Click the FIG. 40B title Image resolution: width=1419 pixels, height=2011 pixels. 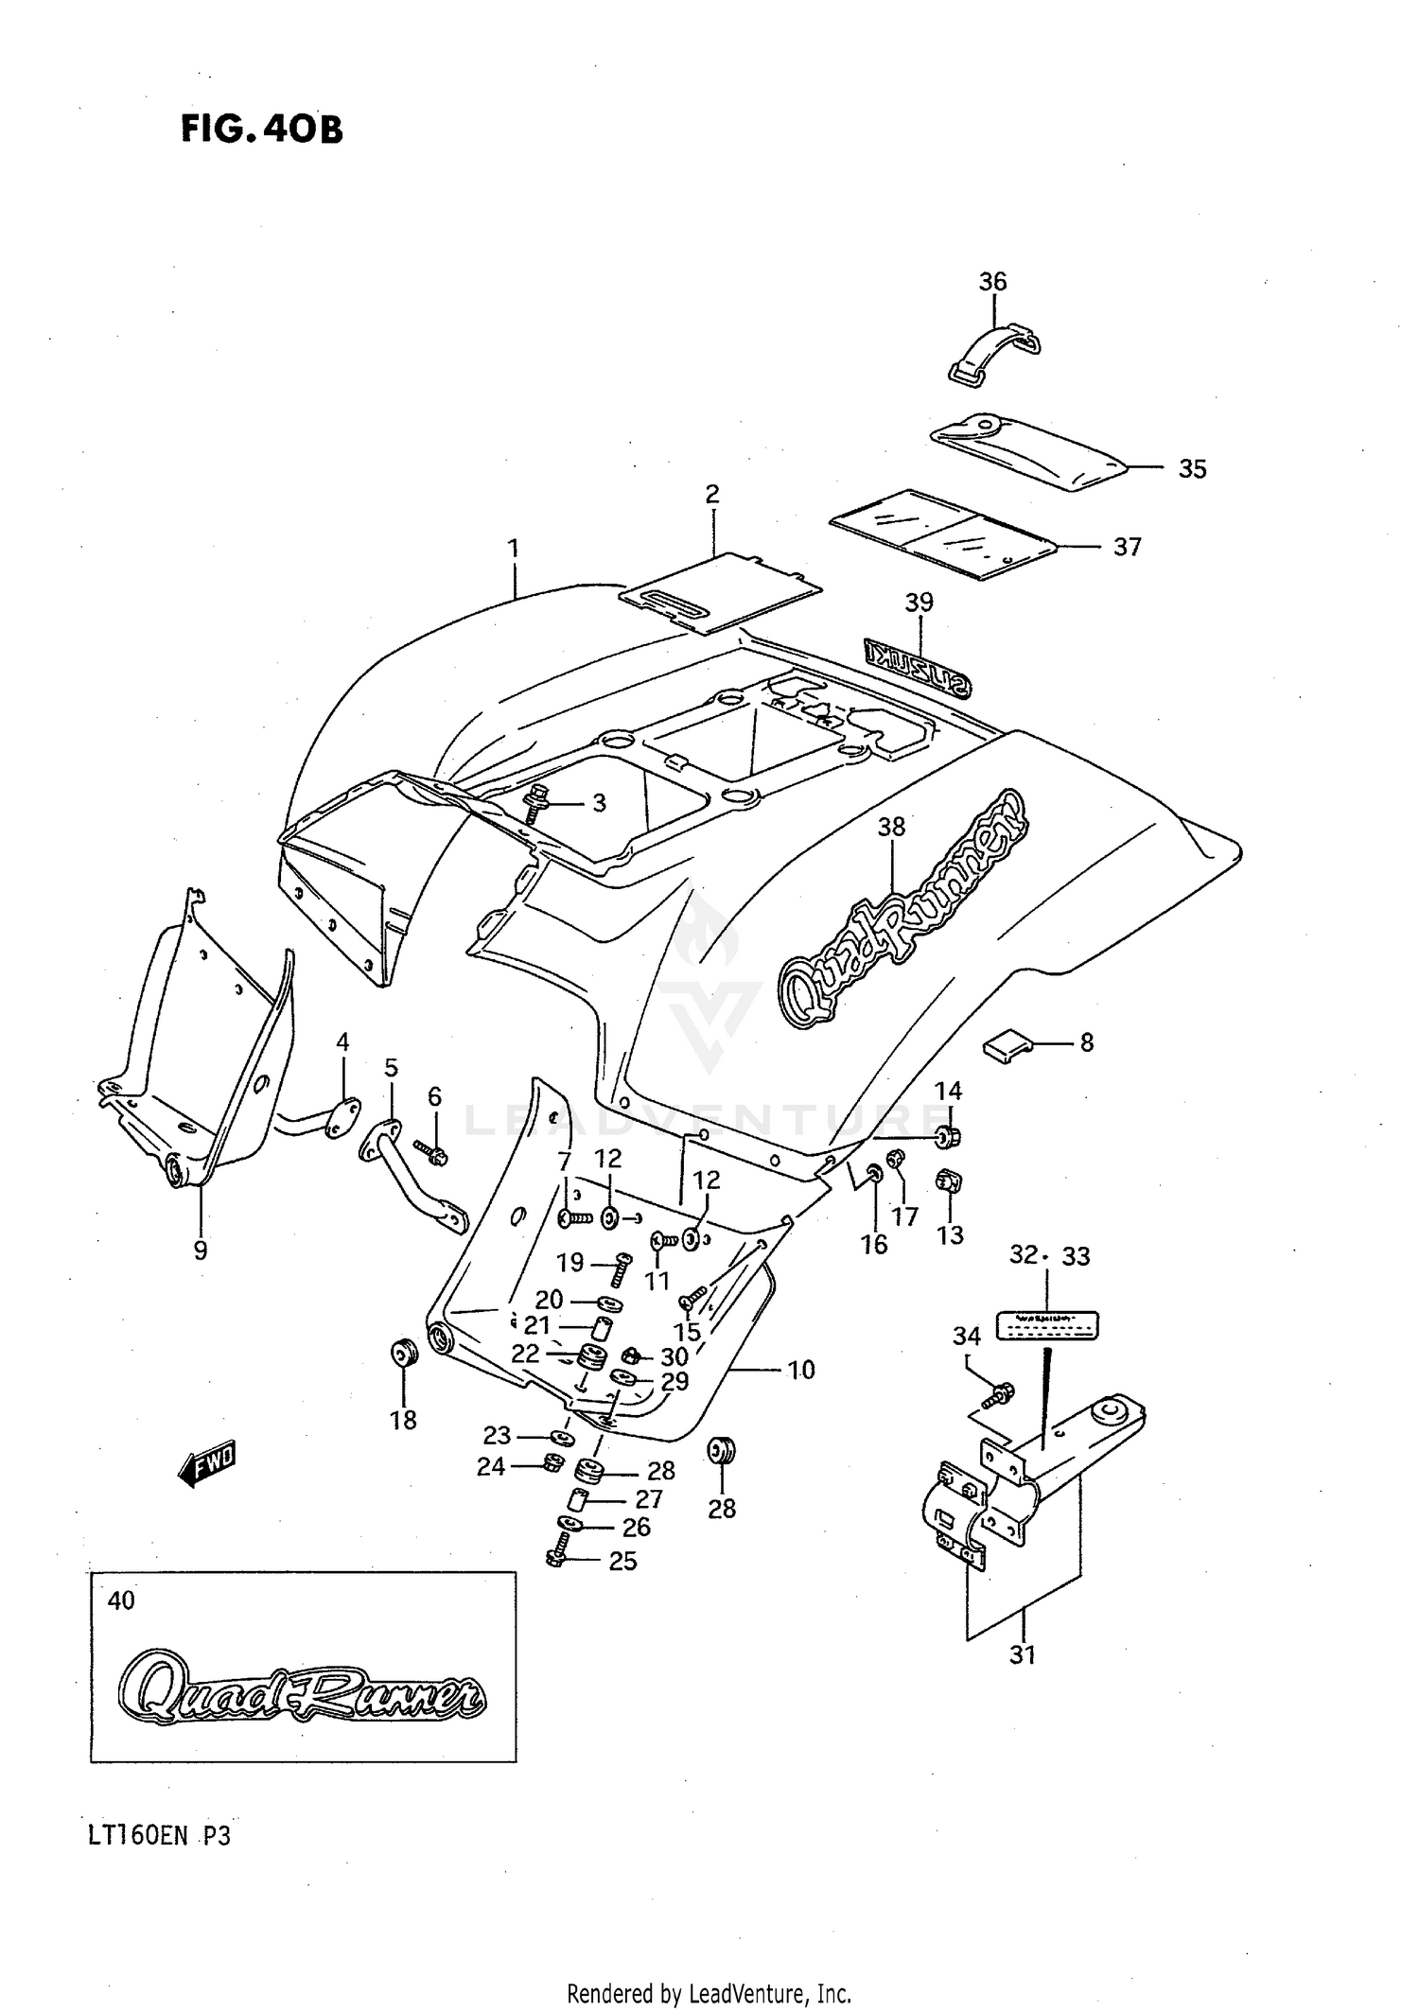pyautogui.click(x=261, y=129)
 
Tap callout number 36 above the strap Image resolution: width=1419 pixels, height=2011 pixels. pyautogui.click(x=992, y=281)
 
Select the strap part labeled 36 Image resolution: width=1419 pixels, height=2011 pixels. pyautogui.click(x=992, y=351)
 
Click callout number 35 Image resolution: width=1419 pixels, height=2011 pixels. pyautogui.click(x=1192, y=469)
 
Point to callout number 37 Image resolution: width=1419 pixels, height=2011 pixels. pyautogui.click(x=1127, y=547)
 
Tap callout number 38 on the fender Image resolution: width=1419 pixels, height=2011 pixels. pyautogui.click(x=891, y=827)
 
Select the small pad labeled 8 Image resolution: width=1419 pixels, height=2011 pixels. pyautogui.click(x=1005, y=1045)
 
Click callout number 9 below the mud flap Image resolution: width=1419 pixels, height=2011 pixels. pyautogui.click(x=201, y=1250)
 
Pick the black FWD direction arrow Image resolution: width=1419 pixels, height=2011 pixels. pyautogui.click(x=207, y=1466)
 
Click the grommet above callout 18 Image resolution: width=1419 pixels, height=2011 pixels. pyautogui.click(x=404, y=1353)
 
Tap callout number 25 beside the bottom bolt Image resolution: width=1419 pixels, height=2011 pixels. pyautogui.click(x=622, y=1561)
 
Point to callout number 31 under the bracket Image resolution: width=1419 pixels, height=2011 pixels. pyautogui.click(x=1023, y=1654)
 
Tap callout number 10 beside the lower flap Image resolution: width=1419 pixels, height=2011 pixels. pyautogui.click(x=800, y=1370)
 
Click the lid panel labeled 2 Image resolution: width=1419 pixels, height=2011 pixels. pyautogui.click(x=719, y=593)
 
